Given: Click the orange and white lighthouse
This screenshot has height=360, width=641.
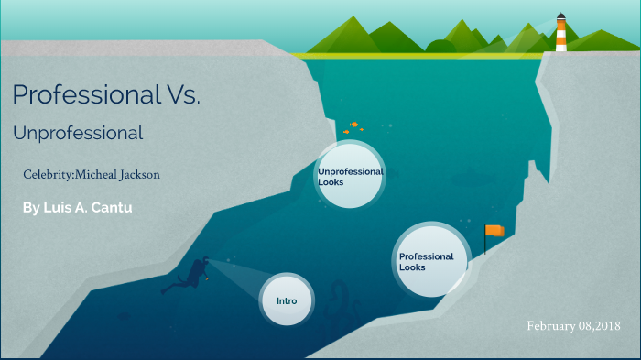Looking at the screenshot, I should pos(560,35).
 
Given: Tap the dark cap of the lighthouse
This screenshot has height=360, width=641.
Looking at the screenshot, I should pos(560,16).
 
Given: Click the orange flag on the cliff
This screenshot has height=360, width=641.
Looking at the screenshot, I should pos(494,230).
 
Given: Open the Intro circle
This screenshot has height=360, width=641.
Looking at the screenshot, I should pos(287,300).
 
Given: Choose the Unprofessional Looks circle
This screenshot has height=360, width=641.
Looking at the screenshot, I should pos(350,176).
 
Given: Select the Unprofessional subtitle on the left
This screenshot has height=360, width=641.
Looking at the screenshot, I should pos(78,134).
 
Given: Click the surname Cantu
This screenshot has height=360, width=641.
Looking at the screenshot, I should pos(114,208).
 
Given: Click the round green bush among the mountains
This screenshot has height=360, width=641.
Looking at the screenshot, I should pos(440,46).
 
